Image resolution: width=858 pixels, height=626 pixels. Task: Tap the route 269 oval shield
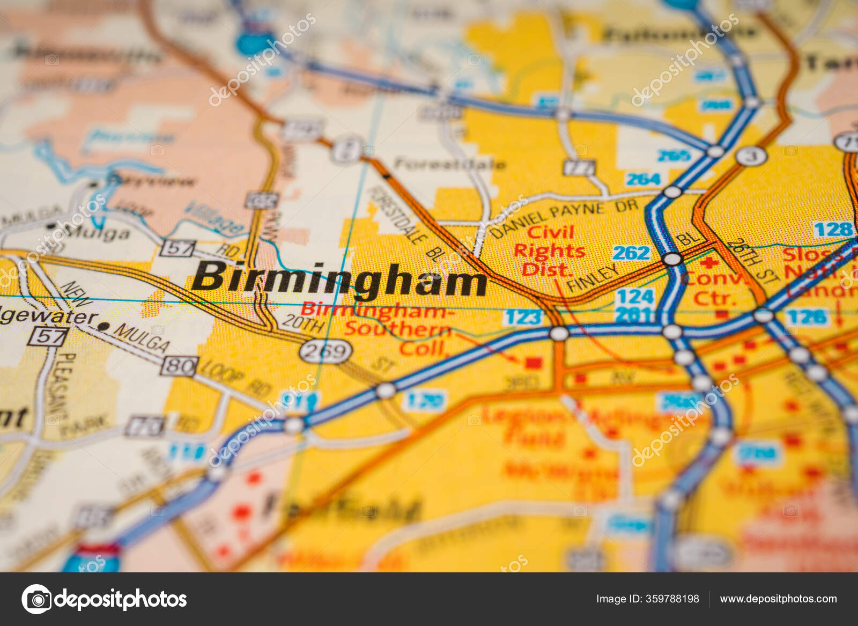pyautogui.click(x=326, y=352)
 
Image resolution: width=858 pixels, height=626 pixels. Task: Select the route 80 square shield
pyautogui.click(x=179, y=367)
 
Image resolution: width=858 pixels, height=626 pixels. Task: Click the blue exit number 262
pyautogui.click(x=631, y=253)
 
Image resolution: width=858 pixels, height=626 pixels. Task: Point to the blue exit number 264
pyautogui.click(x=643, y=179)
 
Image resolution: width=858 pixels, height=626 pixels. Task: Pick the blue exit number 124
pyautogui.click(x=635, y=296)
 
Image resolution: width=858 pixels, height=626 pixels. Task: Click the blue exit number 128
pyautogui.click(x=833, y=230)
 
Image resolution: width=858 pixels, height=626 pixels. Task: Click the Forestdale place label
pyautogui.click(x=449, y=164)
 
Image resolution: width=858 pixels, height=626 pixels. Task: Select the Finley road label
pyautogui.click(x=593, y=278)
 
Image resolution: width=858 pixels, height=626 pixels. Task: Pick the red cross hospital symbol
pyautogui.click(x=709, y=263)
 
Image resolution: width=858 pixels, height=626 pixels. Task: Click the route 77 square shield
pyautogui.click(x=580, y=168)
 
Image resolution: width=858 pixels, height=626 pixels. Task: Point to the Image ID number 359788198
pyautogui.click(x=647, y=599)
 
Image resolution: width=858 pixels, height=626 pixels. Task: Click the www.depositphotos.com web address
pyautogui.click(x=778, y=599)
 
